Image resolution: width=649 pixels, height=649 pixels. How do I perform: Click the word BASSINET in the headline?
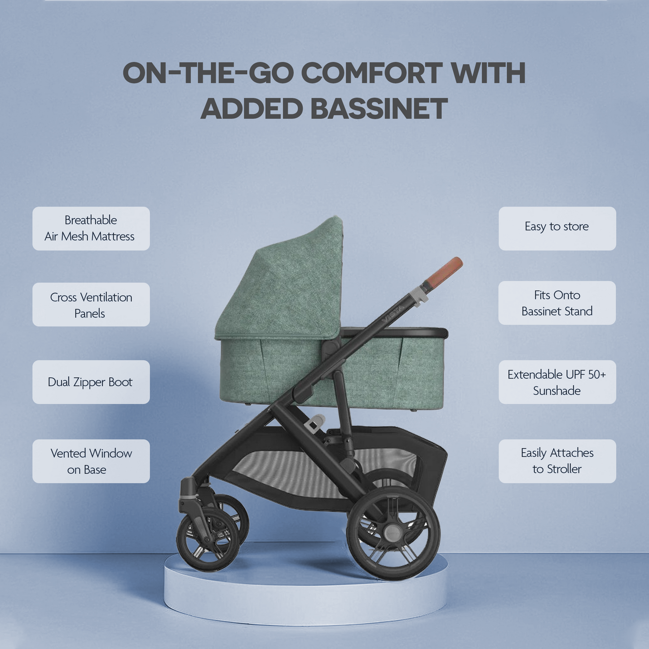click(x=379, y=109)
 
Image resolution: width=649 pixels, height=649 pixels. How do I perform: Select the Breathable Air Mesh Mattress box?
click(x=91, y=228)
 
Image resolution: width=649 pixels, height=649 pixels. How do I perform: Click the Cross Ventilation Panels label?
click(x=91, y=305)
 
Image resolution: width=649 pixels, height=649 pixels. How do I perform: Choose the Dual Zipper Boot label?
click(x=91, y=382)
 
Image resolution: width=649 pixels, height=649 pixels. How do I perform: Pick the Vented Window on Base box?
click(x=91, y=461)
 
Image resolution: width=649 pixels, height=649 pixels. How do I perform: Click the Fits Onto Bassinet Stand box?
click(x=557, y=303)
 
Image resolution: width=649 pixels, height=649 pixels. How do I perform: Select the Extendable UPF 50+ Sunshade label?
click(x=557, y=382)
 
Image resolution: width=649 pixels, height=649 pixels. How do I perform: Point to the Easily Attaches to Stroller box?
click(x=557, y=461)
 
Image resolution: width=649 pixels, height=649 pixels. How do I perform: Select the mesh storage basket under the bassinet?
click(x=314, y=472)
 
